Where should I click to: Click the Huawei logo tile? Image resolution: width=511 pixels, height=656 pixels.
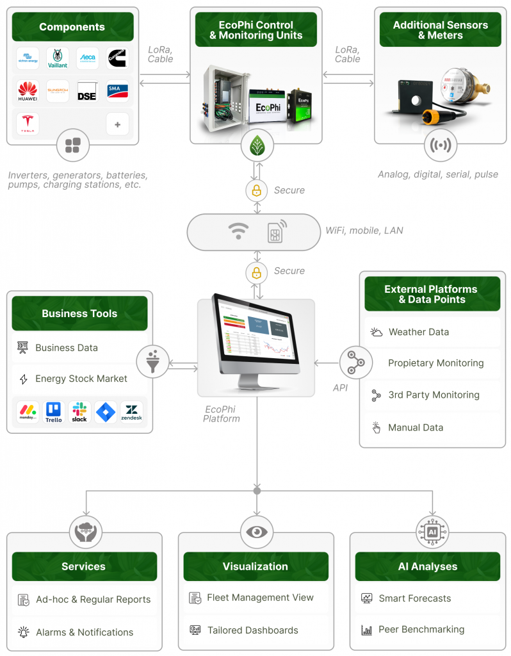coord(28,92)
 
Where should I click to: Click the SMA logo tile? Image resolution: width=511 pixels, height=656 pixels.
coord(117,92)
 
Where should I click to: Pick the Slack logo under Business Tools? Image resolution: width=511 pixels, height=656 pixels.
coord(79,412)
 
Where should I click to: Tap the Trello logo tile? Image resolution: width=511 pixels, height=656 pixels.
coord(54,412)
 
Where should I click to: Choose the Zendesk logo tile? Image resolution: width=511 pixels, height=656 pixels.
coord(132,412)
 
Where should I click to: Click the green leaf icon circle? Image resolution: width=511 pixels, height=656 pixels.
coord(256,147)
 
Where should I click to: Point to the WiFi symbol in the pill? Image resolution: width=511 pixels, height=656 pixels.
coord(239,231)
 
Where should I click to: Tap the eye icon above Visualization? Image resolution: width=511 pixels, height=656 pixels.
coord(257,532)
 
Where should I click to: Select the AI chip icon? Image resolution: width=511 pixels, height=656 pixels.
coord(432,532)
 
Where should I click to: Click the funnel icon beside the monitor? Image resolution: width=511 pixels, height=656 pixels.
coord(152,361)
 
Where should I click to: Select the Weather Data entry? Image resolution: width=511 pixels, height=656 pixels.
coord(418,332)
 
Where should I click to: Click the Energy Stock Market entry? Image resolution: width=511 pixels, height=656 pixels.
coord(81,379)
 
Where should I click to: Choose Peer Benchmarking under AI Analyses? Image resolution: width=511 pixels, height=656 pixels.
coord(421,629)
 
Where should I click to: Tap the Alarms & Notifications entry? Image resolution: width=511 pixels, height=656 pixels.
coord(84,632)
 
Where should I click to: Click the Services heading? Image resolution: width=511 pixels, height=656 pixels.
coord(84,566)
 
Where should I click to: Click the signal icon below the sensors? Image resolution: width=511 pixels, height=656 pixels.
coord(440,145)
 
